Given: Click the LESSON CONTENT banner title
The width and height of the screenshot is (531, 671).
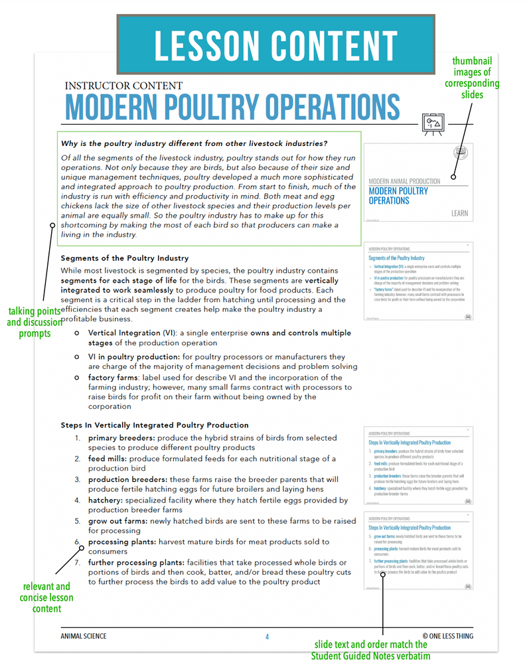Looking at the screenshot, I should pos(275,45).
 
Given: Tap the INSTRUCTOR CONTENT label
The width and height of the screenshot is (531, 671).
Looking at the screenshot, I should pos(123,86).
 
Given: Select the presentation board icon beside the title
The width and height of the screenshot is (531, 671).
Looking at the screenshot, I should pos(433,123).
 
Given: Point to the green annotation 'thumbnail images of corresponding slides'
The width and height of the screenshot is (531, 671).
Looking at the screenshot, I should pos(471,78).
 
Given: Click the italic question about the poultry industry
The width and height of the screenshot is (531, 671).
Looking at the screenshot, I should pos(194,143).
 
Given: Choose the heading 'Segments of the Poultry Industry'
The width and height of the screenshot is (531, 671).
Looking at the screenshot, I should pos(125,258).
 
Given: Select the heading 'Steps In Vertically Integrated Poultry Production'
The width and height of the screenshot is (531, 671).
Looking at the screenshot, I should pos(155,425).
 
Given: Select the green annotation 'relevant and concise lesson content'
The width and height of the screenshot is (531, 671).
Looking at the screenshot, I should pos(46,597).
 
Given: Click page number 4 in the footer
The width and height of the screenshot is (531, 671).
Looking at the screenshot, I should pos(267,636).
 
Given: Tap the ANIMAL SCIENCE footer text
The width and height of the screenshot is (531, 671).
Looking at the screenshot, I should pos(84,636).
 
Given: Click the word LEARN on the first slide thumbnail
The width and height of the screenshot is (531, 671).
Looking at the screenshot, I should pos(459,213).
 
